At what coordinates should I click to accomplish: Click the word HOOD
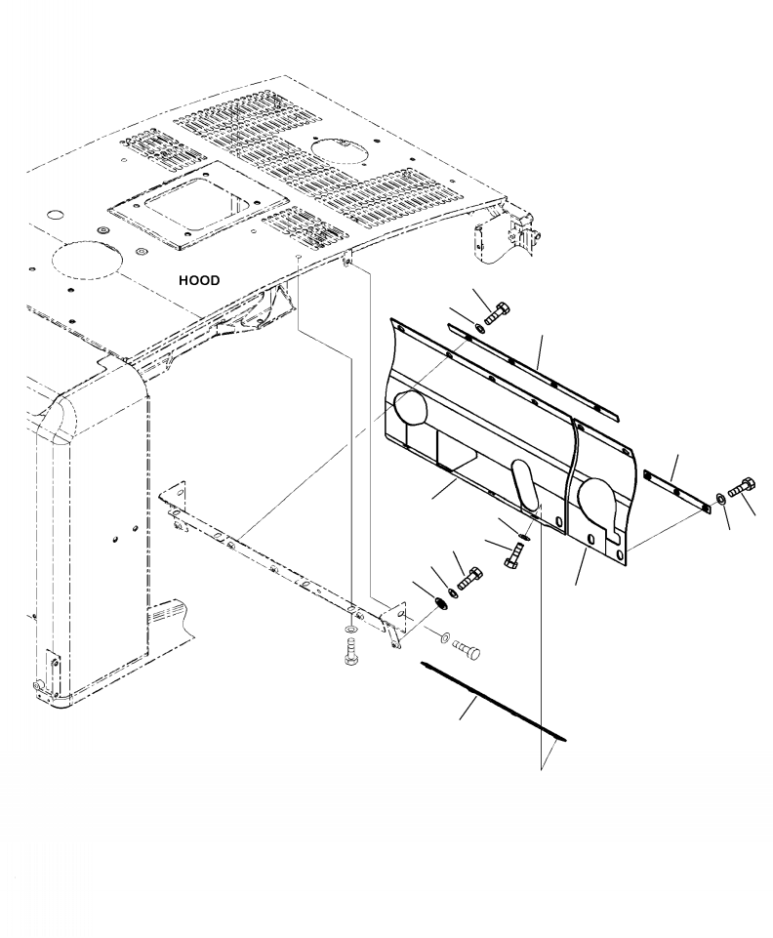pos(199,280)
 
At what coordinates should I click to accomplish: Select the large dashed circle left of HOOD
pos(87,262)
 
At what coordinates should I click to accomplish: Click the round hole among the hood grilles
pos(340,150)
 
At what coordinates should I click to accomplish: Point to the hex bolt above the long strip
pos(497,313)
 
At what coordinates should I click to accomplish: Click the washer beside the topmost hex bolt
pos(479,327)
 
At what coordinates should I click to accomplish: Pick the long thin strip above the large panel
pos(533,372)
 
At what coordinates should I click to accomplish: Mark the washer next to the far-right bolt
pos(721,499)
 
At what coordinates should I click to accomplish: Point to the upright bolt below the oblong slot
pos(512,556)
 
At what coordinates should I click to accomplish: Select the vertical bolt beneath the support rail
pos(351,651)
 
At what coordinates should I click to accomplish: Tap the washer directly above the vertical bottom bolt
pos(350,629)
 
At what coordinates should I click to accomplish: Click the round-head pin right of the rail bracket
pos(467,649)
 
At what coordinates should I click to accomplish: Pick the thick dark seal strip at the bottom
pos(494,701)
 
